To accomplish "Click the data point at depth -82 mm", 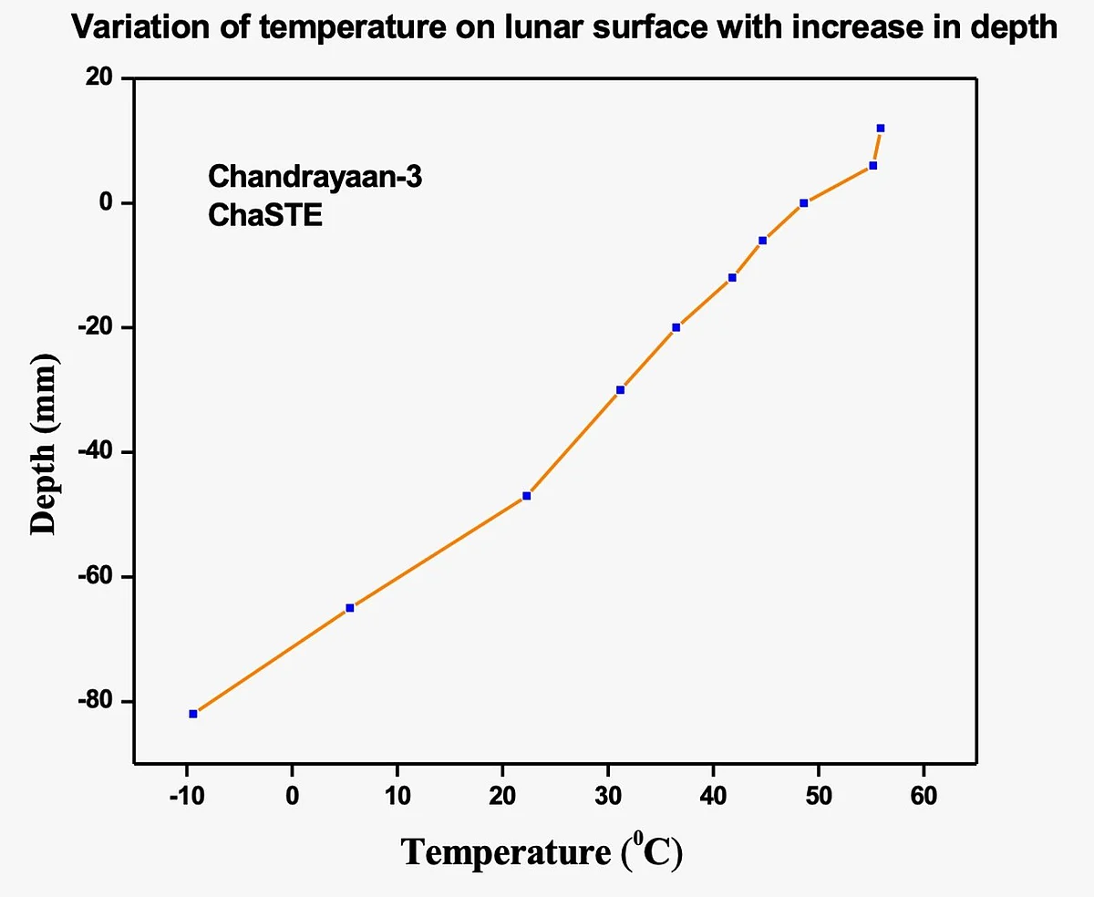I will (x=193, y=714).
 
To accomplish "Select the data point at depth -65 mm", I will (x=350, y=608).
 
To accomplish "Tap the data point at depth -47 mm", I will (x=527, y=496).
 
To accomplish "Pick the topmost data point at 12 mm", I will (x=881, y=129).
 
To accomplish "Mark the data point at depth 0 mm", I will (x=804, y=203).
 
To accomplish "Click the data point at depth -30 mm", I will (x=621, y=390).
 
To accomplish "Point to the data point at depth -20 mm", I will (x=676, y=327).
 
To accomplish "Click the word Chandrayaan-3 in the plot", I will (x=315, y=176).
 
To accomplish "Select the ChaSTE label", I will (x=265, y=216).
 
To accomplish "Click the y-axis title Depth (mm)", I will (x=44, y=444).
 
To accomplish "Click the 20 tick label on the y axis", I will (x=100, y=79).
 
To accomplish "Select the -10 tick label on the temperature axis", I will (x=186, y=796).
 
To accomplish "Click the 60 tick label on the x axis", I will (x=924, y=796).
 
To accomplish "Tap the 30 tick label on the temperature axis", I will (x=607, y=796).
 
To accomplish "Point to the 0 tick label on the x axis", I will (x=292, y=796).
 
